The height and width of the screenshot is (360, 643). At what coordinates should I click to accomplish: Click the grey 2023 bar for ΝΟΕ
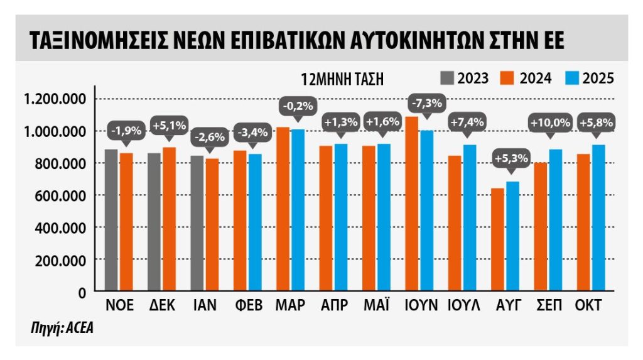111,220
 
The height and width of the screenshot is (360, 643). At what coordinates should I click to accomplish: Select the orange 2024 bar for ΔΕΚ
168,219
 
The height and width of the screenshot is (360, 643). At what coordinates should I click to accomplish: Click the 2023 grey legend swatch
446,78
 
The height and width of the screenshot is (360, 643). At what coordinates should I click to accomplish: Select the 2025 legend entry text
598,79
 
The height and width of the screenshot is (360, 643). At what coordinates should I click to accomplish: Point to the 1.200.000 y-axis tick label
55,99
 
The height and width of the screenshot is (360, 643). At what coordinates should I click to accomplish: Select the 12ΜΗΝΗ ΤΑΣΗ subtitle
342,79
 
